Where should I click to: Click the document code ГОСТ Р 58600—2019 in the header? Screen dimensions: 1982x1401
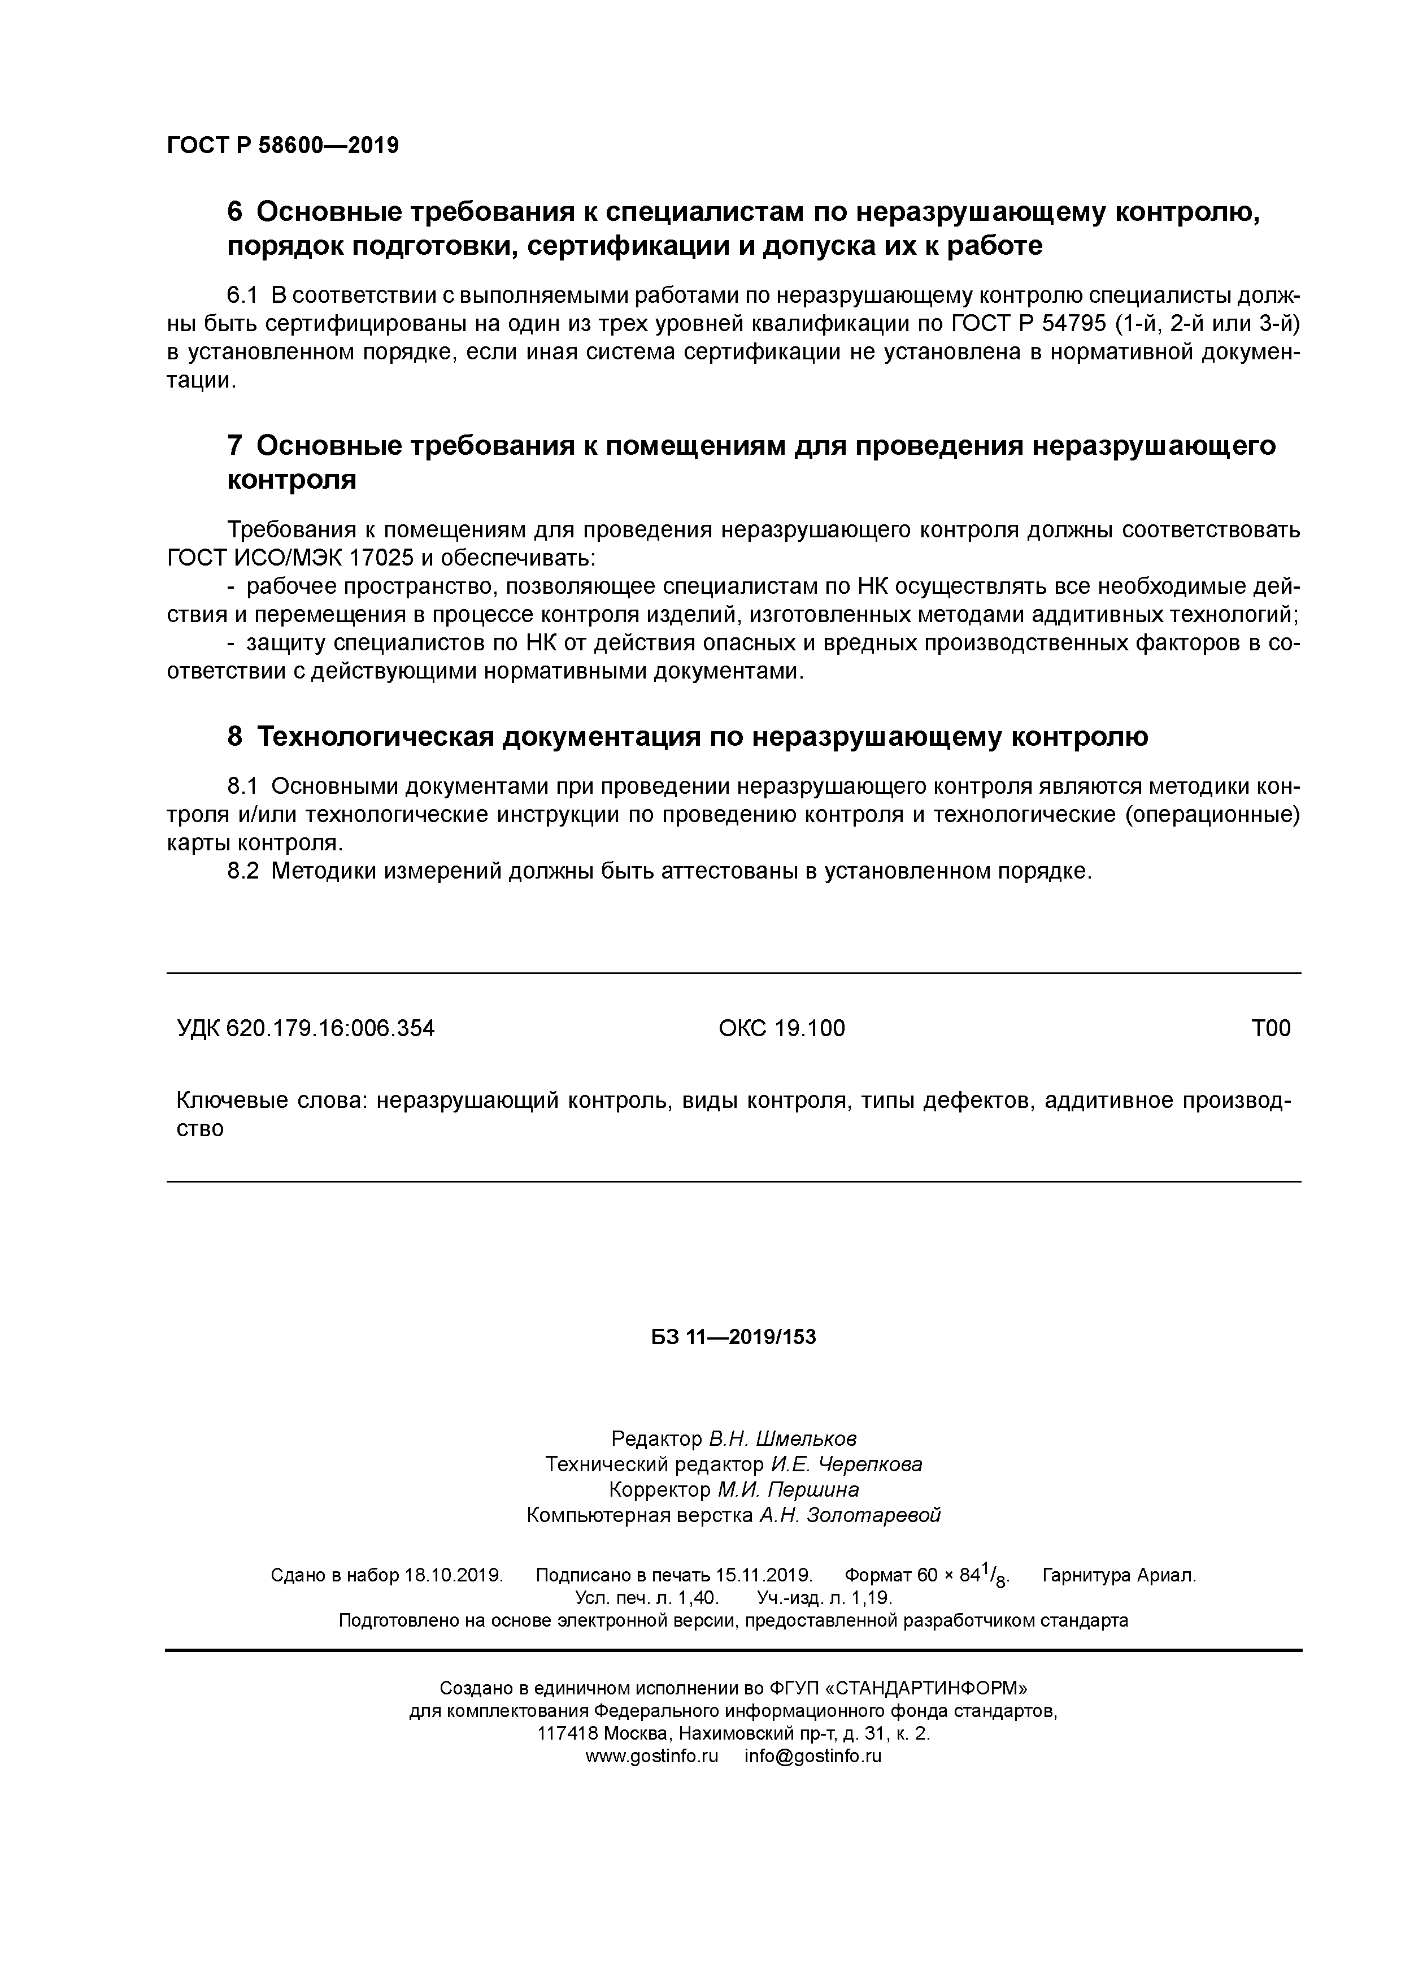pos(282,146)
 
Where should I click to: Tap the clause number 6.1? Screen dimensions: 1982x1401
pos(242,295)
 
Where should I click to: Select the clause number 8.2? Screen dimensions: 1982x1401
pos(242,871)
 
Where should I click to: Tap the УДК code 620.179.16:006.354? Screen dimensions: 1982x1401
pos(330,1028)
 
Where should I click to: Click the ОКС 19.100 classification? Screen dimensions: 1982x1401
pos(781,1028)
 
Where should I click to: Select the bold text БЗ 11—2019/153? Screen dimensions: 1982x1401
pos(733,1337)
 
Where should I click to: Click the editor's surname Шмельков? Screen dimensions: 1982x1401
pos(806,1439)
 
